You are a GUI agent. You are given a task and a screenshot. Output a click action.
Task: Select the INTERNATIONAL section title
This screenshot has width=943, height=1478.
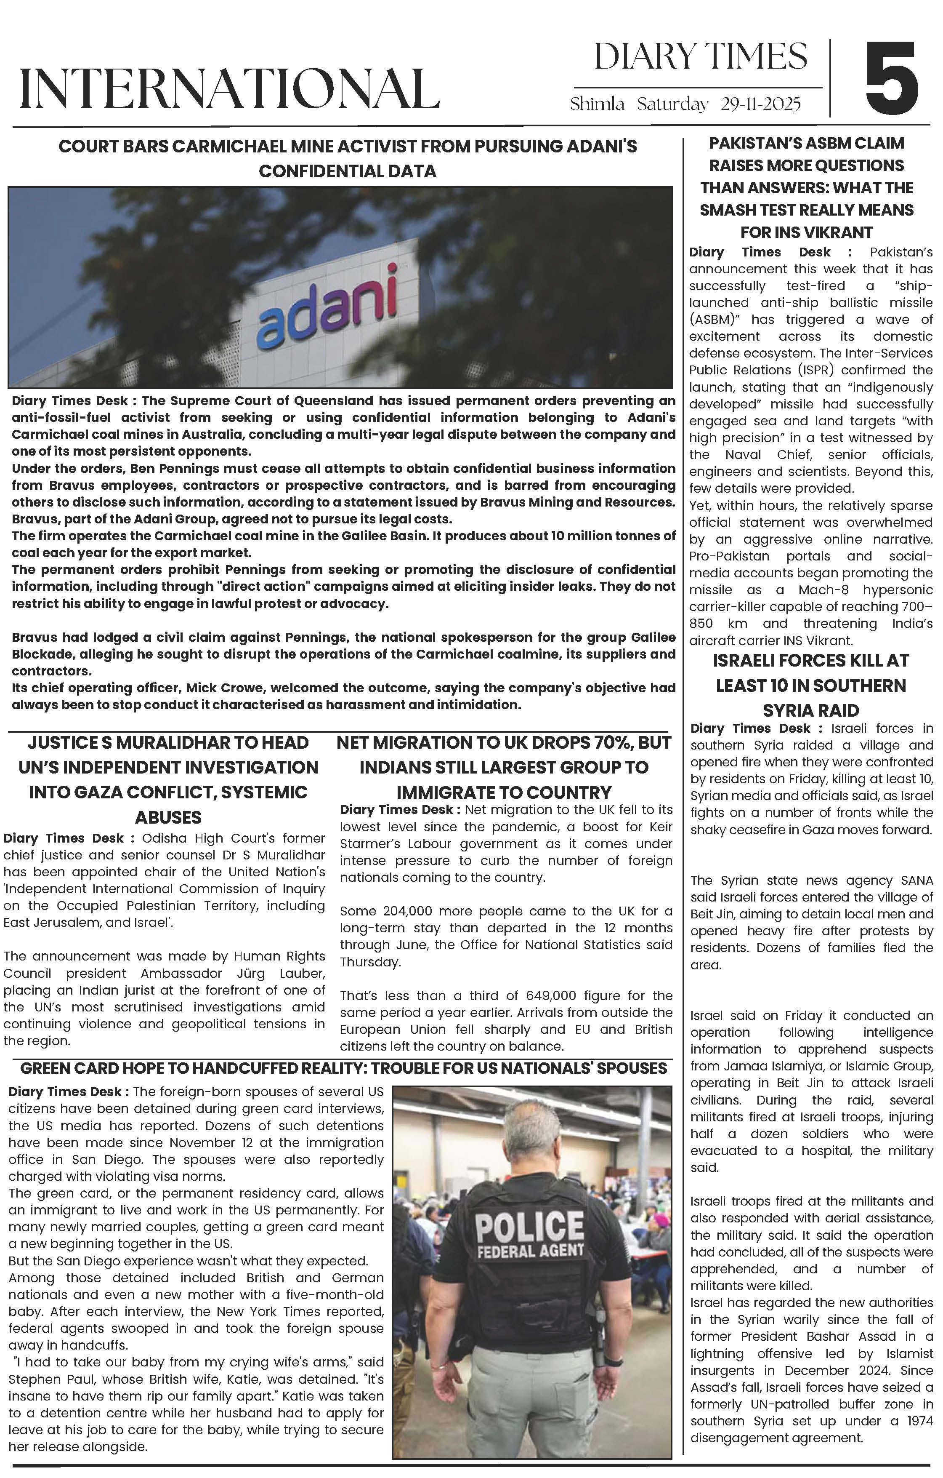point(229,89)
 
